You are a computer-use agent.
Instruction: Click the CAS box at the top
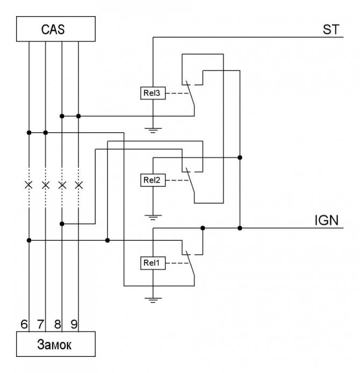click(x=56, y=29)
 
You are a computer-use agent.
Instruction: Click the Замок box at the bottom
click(x=56, y=344)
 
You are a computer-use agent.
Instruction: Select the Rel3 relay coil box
click(x=153, y=93)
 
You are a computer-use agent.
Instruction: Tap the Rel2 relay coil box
click(x=153, y=180)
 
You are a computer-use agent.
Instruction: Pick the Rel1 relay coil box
click(x=153, y=263)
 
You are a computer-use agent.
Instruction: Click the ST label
click(x=331, y=30)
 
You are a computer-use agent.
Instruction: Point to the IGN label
click(x=327, y=220)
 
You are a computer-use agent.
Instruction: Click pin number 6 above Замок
click(x=24, y=324)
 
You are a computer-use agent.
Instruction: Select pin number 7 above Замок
click(x=41, y=324)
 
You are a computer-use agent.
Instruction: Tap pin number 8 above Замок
click(x=57, y=324)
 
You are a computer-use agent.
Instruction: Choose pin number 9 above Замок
click(x=74, y=324)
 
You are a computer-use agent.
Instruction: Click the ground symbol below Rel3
click(x=153, y=130)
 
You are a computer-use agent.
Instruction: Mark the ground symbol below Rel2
click(x=153, y=218)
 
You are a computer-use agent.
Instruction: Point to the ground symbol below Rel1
click(x=153, y=300)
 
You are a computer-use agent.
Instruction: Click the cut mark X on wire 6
click(x=29, y=185)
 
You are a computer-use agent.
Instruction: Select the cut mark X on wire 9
click(x=78, y=185)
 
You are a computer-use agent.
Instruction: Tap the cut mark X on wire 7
click(x=46, y=185)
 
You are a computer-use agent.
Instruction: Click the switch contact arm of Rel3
click(x=190, y=94)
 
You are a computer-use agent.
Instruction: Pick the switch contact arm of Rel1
click(x=190, y=263)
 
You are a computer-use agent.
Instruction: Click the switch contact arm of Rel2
click(x=190, y=180)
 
